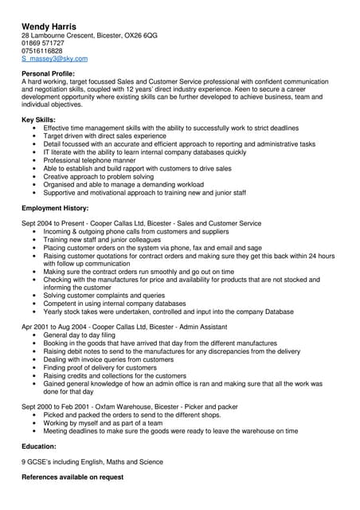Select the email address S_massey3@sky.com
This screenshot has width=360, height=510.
point(54,59)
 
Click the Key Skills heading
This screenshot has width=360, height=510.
point(39,120)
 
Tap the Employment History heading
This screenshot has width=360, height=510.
point(55,208)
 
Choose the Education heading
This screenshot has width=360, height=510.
point(41,447)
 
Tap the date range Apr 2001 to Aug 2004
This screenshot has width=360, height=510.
point(53,327)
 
